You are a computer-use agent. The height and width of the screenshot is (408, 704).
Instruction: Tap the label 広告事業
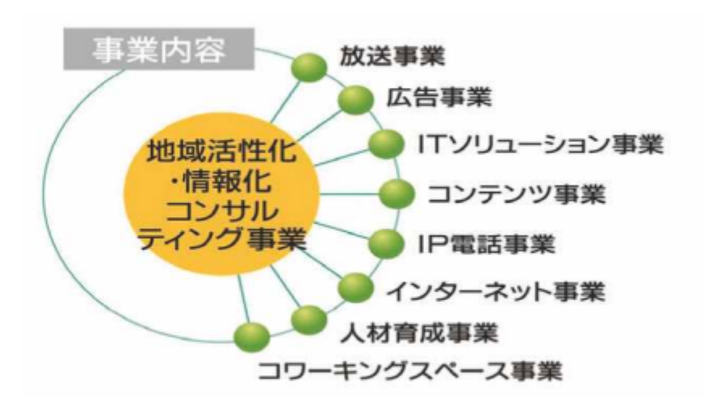[439, 99]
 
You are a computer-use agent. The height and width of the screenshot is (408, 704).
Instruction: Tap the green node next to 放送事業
[309, 67]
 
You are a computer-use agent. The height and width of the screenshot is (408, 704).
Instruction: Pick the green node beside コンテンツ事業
[397, 194]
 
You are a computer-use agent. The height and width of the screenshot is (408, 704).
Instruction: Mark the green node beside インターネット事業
[355, 288]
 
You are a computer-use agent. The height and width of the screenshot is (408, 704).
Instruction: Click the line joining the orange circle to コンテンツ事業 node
[350, 194]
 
